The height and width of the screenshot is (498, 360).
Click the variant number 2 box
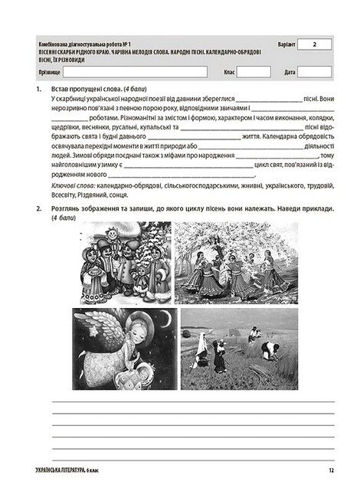point(315,45)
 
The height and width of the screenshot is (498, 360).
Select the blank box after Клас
point(254,71)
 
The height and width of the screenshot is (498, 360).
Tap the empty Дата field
point(315,71)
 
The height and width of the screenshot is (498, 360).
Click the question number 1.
point(38,89)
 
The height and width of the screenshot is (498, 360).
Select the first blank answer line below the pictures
point(191,401)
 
